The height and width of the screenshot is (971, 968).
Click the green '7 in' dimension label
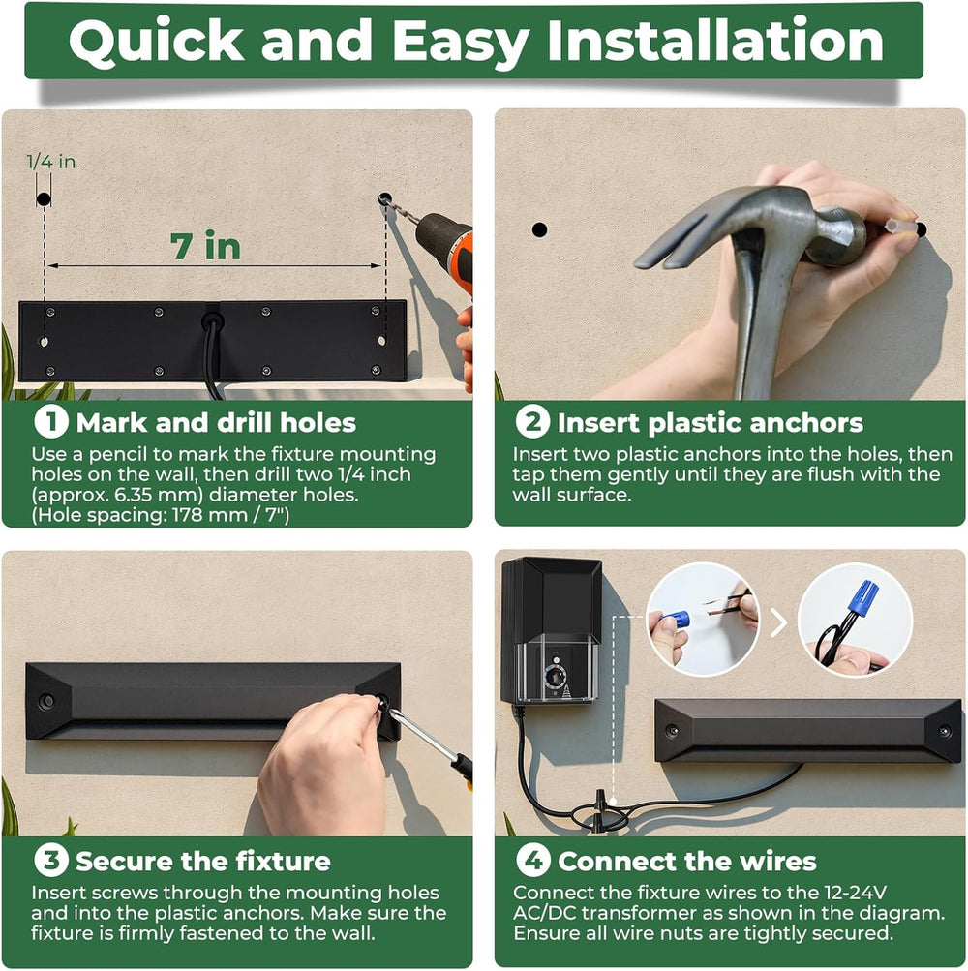click(x=205, y=246)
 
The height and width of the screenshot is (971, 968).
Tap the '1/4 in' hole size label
click(x=50, y=162)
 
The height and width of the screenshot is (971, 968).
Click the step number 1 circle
click(x=50, y=422)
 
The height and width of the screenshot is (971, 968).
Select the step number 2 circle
click(x=532, y=422)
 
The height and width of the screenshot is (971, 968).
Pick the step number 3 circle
click(x=50, y=860)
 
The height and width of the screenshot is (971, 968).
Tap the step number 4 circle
click(x=532, y=860)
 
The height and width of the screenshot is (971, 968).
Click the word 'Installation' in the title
click(x=715, y=40)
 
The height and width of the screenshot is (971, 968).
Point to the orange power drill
click(x=442, y=248)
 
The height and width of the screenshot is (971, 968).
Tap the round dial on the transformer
click(x=555, y=676)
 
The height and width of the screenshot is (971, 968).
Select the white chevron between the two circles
click(x=778, y=622)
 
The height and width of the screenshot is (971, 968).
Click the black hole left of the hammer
click(x=539, y=229)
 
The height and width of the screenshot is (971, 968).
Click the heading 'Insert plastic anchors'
click(x=710, y=423)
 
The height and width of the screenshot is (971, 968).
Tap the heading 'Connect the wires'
click(x=687, y=862)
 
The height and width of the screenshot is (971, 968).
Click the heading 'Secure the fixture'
click(x=203, y=862)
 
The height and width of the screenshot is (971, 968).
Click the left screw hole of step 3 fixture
click(x=45, y=701)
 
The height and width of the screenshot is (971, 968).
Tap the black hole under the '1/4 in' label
click(x=44, y=199)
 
